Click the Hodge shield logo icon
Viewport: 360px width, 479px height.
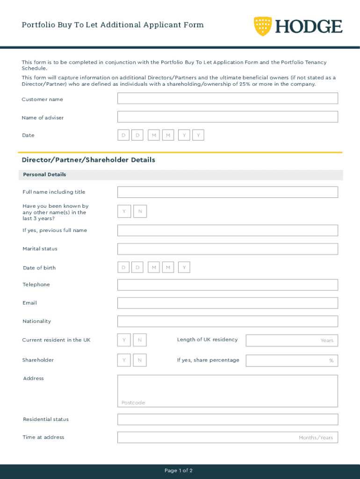(x=263, y=26)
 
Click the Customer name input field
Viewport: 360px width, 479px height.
(x=227, y=99)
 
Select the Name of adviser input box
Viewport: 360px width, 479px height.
(x=227, y=117)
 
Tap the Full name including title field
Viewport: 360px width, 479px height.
(x=227, y=192)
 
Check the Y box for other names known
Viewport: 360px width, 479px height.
(x=124, y=212)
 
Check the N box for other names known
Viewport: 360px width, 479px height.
(x=140, y=212)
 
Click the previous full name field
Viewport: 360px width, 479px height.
(x=227, y=231)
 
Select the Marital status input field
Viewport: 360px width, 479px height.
(x=227, y=249)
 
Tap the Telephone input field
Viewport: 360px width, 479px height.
(x=227, y=285)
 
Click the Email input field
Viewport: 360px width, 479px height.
(x=227, y=303)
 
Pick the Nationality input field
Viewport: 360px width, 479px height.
(x=227, y=321)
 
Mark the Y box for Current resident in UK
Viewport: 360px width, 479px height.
(x=124, y=340)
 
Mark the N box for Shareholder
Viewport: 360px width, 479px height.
(x=140, y=360)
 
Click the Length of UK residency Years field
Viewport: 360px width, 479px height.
(x=291, y=341)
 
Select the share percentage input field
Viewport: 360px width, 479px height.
(x=291, y=361)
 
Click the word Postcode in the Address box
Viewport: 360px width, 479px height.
(x=133, y=403)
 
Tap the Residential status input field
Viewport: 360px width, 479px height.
(x=227, y=420)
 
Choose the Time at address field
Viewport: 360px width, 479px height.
(x=227, y=437)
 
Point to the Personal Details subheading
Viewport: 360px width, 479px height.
(x=44, y=175)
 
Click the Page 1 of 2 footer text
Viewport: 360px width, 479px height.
(x=179, y=471)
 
